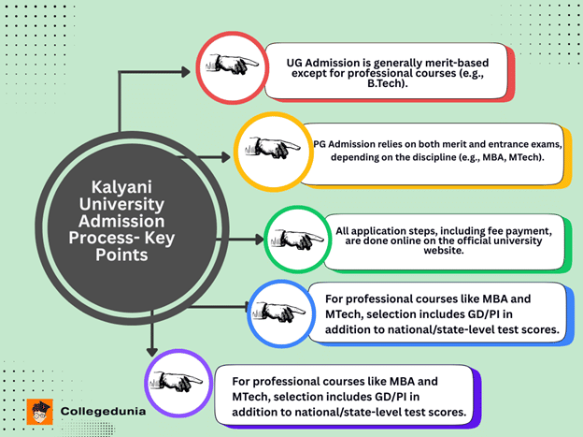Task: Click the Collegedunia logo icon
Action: (x=39, y=411)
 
